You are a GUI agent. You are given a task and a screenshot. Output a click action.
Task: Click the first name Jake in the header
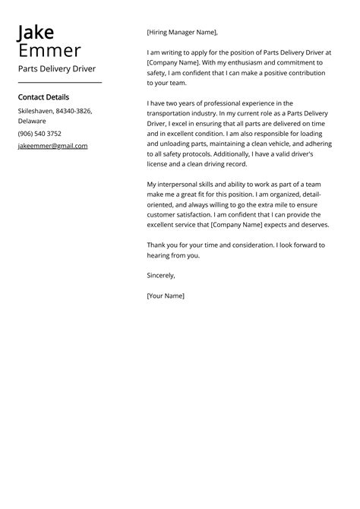pos(36,33)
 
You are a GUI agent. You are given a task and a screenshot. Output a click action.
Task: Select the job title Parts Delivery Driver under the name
pos(57,68)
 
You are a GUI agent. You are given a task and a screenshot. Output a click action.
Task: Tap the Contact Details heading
pos(43,97)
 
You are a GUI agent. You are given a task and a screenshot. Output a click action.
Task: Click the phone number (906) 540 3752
pos(39,133)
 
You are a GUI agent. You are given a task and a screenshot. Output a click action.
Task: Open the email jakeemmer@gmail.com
pos(52,146)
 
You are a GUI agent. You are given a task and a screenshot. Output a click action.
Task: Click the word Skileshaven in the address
pos(35,111)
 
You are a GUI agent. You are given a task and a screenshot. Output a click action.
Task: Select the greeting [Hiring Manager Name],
pos(182,33)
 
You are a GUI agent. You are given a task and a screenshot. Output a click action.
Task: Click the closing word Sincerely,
pos(161,275)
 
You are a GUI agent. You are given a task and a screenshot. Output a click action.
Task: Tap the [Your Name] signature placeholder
pos(166,296)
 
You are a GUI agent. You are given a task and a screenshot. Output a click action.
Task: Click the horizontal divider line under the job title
pos(59,82)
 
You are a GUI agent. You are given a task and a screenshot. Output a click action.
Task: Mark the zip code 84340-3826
pos(74,111)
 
